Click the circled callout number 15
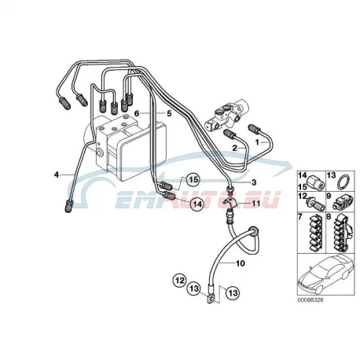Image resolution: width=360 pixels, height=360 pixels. point(193,180)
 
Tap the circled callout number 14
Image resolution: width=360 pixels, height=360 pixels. point(197,204)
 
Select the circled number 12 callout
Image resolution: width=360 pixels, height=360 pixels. point(180,281)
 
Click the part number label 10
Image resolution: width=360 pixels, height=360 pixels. point(241,263)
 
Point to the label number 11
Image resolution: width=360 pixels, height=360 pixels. point(256,203)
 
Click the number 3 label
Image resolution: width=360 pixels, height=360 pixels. point(254,182)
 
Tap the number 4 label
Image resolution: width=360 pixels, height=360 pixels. point(57,174)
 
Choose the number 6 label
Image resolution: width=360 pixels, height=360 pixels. point(136,113)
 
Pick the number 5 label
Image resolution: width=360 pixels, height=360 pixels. point(169,113)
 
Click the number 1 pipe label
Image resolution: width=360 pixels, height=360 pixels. point(257,142)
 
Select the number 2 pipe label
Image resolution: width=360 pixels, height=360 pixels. point(235,148)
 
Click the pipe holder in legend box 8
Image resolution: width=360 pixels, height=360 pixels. point(342,232)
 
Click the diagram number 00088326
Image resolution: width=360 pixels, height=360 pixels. point(310,299)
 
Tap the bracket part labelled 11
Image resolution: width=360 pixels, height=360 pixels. point(231,203)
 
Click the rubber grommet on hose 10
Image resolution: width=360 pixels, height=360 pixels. point(254,231)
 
